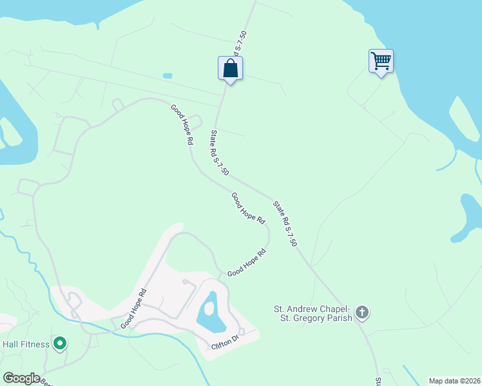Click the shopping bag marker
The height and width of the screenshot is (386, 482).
[230, 68]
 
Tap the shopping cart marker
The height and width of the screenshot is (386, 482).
[381, 61]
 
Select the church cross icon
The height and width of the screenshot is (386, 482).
[362, 313]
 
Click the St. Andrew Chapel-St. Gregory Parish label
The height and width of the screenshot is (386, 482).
[312, 313]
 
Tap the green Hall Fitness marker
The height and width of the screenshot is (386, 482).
[60, 344]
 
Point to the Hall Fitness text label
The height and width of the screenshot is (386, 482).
[26, 344]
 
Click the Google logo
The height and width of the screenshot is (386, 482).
[21, 378]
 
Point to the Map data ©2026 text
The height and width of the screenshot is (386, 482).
[454, 380]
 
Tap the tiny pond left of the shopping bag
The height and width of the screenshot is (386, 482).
[168, 75]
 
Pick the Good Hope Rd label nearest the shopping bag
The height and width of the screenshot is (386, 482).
[182, 124]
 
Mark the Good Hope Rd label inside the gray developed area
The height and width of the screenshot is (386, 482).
[134, 308]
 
